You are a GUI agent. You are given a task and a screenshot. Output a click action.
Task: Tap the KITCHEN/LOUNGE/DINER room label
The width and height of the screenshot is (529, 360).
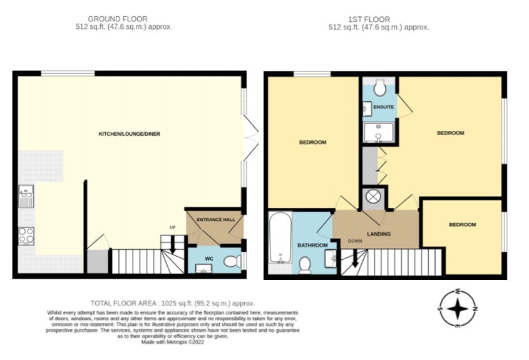(125, 134)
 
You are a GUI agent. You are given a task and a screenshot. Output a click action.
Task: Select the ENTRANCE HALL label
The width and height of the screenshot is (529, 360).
(215, 220)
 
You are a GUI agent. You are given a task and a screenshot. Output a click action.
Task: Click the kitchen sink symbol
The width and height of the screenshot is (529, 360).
(26, 196)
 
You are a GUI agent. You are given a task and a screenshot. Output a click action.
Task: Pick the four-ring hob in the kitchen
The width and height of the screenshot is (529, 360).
(27, 235)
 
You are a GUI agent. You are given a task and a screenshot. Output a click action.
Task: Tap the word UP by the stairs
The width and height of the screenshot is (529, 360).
(173, 227)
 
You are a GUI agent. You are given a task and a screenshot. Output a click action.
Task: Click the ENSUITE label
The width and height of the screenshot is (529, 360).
(383, 108)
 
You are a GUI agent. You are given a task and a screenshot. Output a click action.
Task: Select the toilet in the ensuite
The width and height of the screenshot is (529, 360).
(379, 89)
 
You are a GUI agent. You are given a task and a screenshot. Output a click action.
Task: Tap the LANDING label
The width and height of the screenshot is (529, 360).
(379, 234)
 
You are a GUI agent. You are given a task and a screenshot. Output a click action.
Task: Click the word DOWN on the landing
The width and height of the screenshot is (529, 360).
(355, 241)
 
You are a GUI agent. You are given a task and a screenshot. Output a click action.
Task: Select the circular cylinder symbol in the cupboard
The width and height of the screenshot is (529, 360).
(374, 197)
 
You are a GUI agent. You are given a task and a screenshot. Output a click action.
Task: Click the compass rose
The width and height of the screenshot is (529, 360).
(458, 309)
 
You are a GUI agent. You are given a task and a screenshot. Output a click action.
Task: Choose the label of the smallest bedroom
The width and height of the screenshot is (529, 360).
(463, 225)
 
